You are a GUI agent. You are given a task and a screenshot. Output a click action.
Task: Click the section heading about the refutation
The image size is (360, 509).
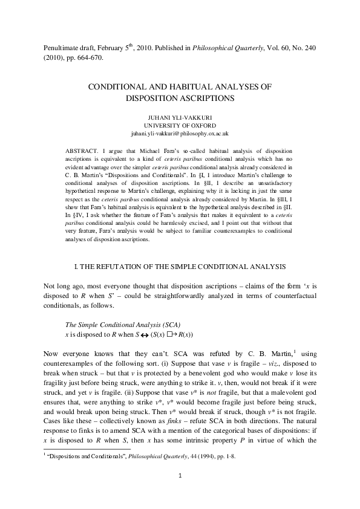[180, 267]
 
